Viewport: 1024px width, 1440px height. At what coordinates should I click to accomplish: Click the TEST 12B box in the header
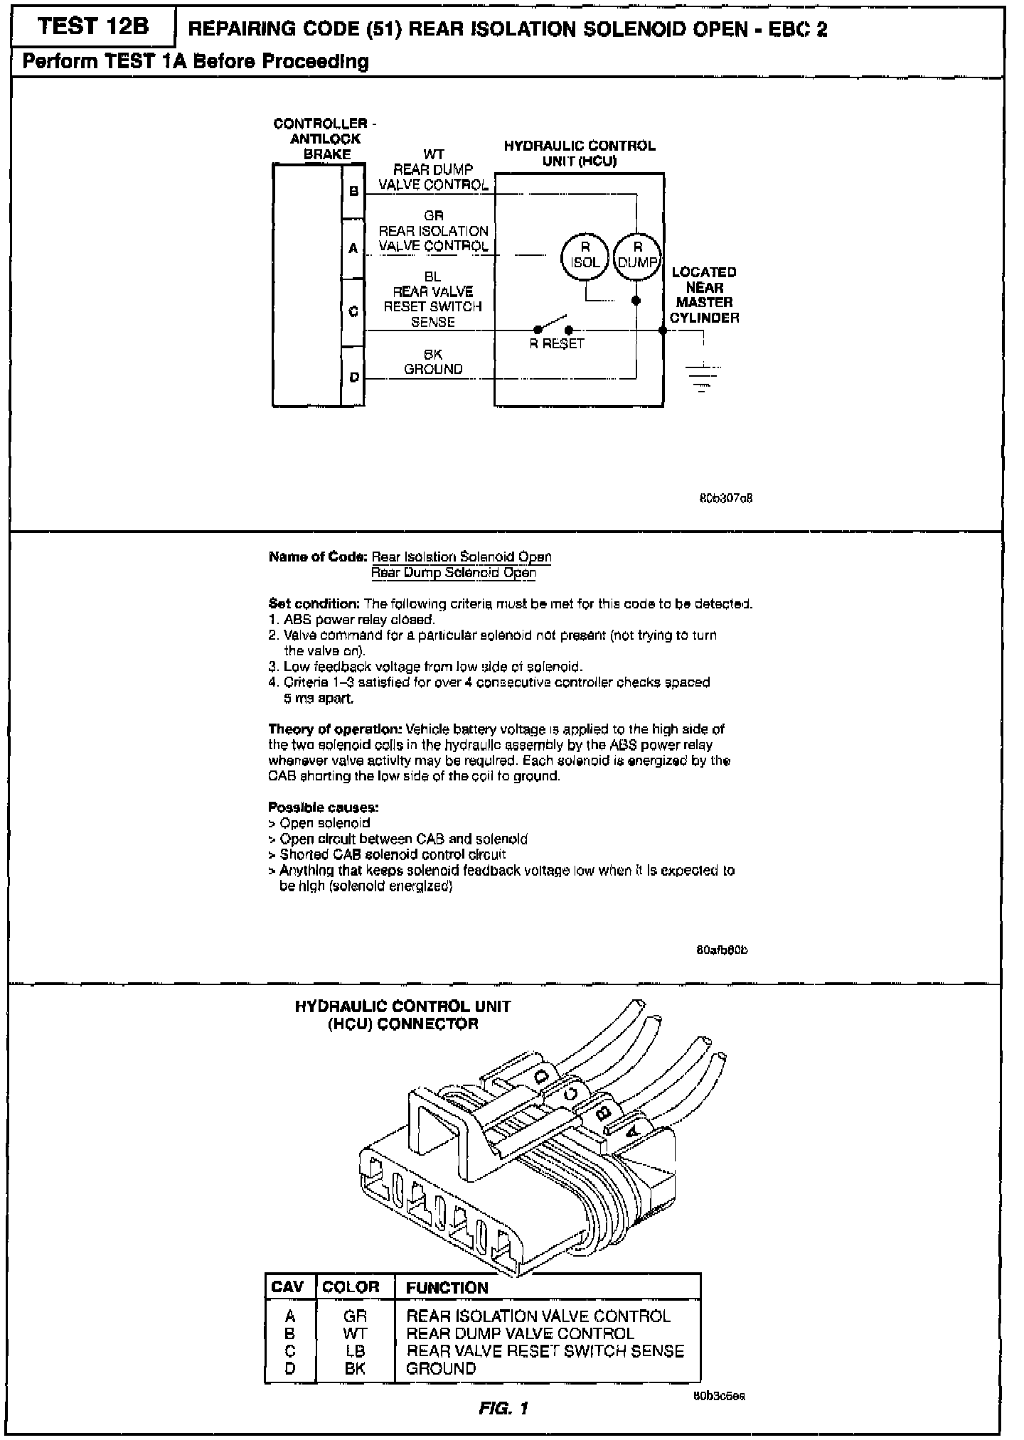tap(94, 28)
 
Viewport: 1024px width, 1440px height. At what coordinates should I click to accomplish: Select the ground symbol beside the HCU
tap(703, 377)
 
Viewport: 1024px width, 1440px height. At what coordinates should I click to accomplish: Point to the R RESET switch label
tap(557, 344)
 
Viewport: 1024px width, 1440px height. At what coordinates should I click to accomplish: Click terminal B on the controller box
tap(353, 191)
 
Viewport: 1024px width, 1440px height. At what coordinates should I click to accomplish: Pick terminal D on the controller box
tap(353, 377)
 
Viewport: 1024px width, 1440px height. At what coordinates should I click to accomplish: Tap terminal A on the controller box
tap(353, 249)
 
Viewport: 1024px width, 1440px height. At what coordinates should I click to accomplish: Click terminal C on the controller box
tap(353, 311)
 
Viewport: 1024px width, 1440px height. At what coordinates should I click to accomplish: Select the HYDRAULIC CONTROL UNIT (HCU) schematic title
tap(580, 154)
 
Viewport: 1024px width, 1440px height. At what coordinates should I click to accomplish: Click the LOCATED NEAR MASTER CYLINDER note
tap(704, 295)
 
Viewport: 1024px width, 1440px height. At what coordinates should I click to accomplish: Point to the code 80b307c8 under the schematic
tap(726, 498)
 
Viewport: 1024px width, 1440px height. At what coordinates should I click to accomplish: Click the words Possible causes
tap(324, 807)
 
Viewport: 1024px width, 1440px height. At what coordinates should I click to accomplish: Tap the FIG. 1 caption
tap(503, 1408)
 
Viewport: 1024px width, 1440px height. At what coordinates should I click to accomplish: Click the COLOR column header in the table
tap(351, 1287)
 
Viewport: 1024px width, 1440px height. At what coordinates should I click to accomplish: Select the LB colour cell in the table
tap(355, 1350)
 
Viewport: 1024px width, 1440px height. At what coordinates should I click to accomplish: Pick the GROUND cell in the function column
tap(441, 1368)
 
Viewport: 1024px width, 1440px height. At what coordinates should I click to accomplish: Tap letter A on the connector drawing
tap(634, 1125)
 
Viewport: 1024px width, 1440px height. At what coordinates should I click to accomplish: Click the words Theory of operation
tap(334, 729)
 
